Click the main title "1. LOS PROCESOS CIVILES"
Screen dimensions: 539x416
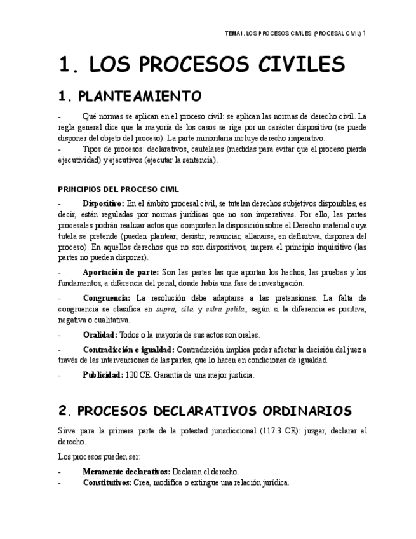coord(201,64)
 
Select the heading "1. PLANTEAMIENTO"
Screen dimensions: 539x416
coord(130,96)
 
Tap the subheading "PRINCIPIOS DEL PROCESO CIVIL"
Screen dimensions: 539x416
coord(118,189)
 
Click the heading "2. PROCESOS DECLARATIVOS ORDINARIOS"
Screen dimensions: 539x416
coord(204,411)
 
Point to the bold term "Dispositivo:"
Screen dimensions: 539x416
coord(104,203)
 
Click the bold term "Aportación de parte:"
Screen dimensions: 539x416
coord(121,273)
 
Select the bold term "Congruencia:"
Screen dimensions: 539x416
coord(107,298)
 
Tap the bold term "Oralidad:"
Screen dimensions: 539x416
coord(100,335)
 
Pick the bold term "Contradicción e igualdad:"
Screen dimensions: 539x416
coord(128,350)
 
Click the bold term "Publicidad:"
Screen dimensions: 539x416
coord(102,375)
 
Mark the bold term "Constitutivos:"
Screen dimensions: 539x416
coord(107,482)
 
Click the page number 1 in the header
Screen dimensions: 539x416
coord(365,32)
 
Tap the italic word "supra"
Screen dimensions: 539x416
coord(166,309)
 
